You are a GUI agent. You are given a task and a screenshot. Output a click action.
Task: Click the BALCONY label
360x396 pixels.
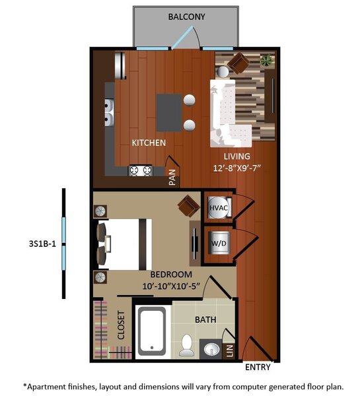[186, 16]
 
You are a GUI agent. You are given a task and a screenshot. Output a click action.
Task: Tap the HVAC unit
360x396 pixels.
[219, 208]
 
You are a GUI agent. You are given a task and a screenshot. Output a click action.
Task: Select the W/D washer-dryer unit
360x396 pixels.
[219, 243]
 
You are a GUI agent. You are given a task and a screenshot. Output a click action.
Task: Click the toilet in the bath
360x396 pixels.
[187, 345]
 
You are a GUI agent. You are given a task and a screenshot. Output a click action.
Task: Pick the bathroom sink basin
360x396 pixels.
[211, 350]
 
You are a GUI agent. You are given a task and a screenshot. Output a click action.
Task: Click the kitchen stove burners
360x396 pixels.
[140, 171]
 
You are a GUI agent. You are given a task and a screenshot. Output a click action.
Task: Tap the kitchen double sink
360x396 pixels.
[109, 113]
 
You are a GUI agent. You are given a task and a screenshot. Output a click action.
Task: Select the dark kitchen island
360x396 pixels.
[169, 113]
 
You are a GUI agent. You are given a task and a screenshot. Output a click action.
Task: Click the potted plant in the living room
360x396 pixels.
[267, 60]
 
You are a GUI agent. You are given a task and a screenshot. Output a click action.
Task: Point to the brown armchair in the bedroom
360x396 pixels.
[189, 205]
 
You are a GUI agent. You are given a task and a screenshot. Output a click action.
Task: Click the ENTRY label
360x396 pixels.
[258, 367]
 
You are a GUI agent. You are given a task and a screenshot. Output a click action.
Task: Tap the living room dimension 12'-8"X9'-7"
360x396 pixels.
[237, 168]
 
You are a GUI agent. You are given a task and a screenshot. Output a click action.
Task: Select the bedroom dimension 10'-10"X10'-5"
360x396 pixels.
[171, 286]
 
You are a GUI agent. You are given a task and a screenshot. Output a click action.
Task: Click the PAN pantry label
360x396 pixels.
[172, 177]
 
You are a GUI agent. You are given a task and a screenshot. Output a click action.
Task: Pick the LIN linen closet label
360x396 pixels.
[230, 351]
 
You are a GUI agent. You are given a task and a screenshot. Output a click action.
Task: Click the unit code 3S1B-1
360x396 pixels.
[42, 244]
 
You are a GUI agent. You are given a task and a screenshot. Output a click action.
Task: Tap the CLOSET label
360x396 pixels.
[121, 325]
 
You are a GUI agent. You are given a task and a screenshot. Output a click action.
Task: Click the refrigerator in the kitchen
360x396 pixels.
[120, 65]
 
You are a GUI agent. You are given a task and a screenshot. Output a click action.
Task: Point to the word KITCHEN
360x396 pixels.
[149, 143]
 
